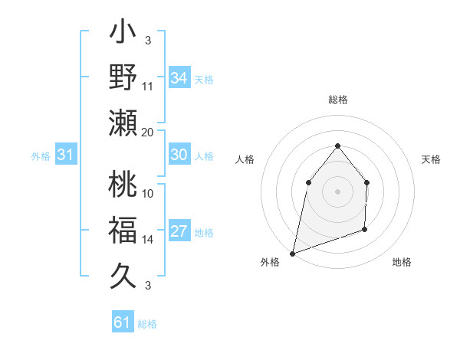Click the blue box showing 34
coord(179,78)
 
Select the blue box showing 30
coord(179,155)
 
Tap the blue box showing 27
coord(179,232)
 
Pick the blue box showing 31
coord(66,155)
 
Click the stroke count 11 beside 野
coord(148,86)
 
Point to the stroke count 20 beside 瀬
coord(148,132)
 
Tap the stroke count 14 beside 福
coord(148,240)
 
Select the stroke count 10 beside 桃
coord(148,193)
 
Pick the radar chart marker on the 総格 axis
coord(337,146)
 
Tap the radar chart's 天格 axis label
coord(431,159)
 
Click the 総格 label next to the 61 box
coord(147,324)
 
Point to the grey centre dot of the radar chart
coord(337,191)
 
